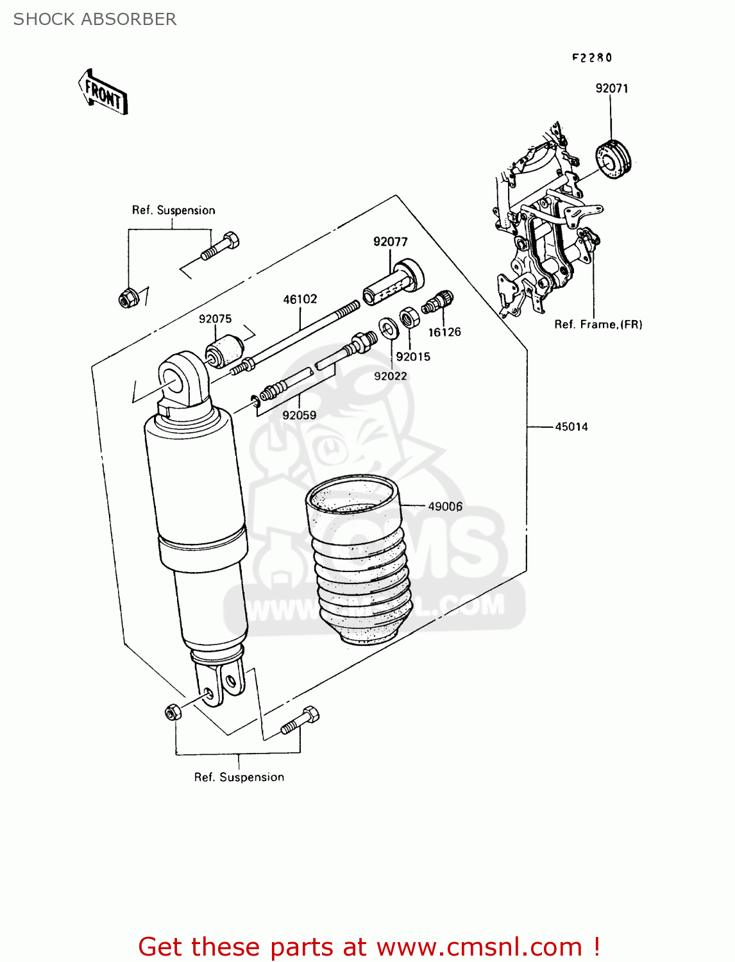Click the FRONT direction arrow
tap(103, 93)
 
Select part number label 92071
tap(611, 89)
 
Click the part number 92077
tap(390, 242)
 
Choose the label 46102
tap(300, 299)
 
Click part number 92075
tap(215, 319)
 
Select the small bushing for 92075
tap(224, 350)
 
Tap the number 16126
tap(444, 332)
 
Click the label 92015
tap(413, 357)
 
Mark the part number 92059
tap(300, 415)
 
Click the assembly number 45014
tap(571, 426)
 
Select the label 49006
tap(445, 507)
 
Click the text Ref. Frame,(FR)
tap(598, 325)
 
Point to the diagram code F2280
tap(592, 58)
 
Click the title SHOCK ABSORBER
tap(95, 19)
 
